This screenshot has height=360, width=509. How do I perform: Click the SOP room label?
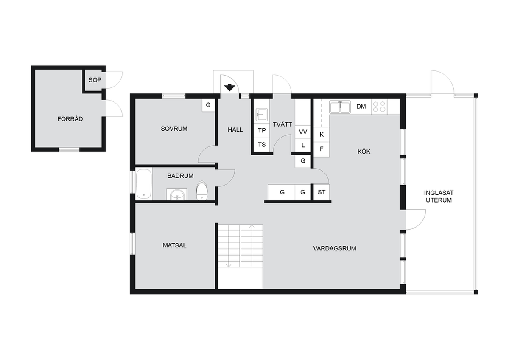pyautogui.click(x=95, y=80)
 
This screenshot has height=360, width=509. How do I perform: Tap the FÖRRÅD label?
pyautogui.click(x=70, y=119)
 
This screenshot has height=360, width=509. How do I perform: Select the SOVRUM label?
pyautogui.click(x=174, y=129)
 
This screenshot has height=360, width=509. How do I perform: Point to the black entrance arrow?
pyautogui.click(x=229, y=87)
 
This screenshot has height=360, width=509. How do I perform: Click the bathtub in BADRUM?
pyautogui.click(x=144, y=184)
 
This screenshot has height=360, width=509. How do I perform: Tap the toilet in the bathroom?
pyautogui.click(x=202, y=191)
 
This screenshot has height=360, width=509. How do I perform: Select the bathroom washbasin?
pyautogui.click(x=177, y=195)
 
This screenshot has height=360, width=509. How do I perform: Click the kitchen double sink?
pyautogui.click(x=340, y=107)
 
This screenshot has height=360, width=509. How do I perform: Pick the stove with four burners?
pyautogui.click(x=379, y=107)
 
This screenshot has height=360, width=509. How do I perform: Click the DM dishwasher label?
pyautogui.click(x=361, y=107)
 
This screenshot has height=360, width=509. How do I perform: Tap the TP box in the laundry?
pyautogui.click(x=262, y=130)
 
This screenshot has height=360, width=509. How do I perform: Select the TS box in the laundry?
pyautogui.click(x=262, y=145)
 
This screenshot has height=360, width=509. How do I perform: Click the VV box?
pyautogui.click(x=303, y=132)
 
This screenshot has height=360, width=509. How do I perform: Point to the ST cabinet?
pyautogui.click(x=322, y=192)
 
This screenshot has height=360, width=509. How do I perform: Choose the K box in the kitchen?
pyautogui.click(x=322, y=135)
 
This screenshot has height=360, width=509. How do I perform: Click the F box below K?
pyautogui.click(x=322, y=149)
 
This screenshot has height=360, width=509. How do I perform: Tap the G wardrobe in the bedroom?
pyautogui.click(x=208, y=105)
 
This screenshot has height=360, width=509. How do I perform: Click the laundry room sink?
pyautogui.click(x=262, y=114)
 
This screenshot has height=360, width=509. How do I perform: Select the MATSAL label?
pyautogui.click(x=174, y=245)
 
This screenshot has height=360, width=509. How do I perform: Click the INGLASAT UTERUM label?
pyautogui.click(x=439, y=197)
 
